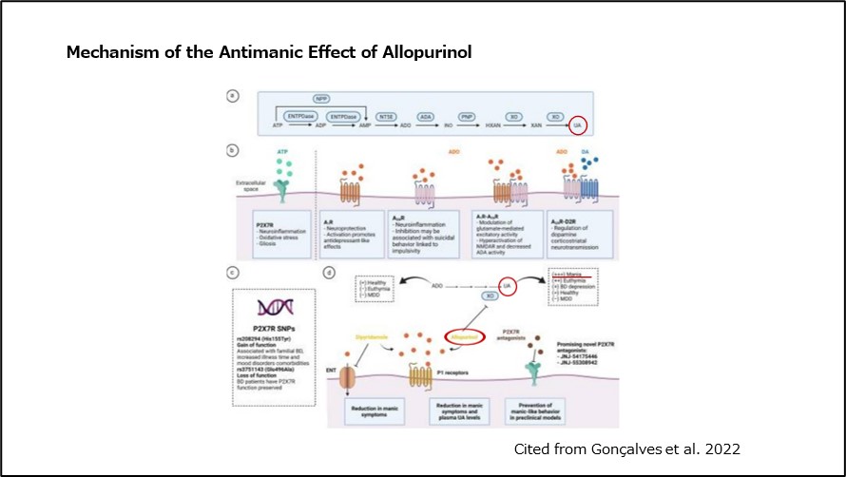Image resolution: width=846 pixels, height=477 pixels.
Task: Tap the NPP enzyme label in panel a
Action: [x=322, y=99]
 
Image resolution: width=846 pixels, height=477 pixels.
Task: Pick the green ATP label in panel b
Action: [x=282, y=151]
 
